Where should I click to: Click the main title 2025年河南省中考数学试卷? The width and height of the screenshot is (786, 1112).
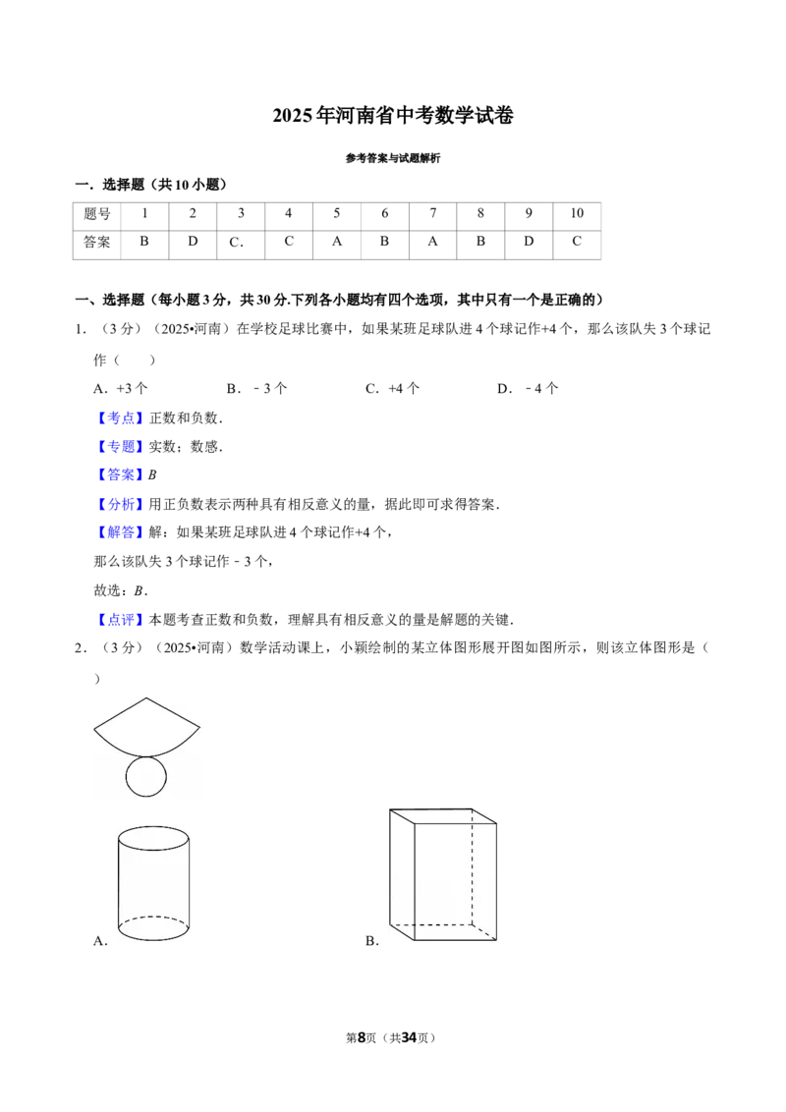392,116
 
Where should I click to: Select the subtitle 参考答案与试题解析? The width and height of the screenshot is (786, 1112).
393,158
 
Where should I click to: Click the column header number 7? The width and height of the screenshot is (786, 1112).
432,213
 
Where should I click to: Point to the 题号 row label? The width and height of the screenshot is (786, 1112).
97,213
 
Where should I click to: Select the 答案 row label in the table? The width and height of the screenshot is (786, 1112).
97,242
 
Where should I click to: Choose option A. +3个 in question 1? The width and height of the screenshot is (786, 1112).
121,389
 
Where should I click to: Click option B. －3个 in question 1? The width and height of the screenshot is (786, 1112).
256,389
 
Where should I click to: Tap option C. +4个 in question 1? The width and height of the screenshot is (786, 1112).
392,389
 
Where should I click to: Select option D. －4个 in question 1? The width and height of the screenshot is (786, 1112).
528,389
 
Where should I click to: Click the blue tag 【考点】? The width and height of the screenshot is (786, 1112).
121,418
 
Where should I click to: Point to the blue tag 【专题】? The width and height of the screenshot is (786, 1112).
121,447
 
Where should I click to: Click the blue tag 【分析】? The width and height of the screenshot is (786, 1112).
121,504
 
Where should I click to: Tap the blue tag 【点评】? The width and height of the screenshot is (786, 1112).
121,620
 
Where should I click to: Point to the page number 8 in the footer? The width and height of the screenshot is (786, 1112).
362,1037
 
